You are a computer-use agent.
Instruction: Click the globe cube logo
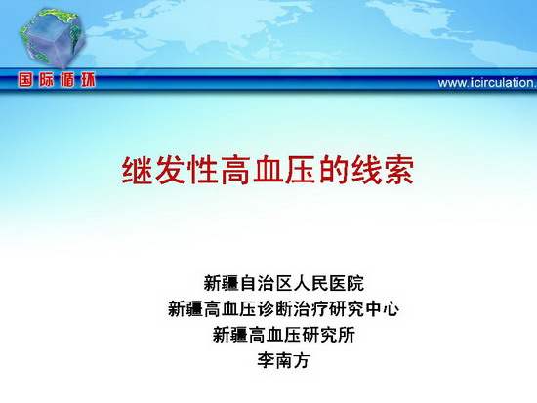pos(53,38)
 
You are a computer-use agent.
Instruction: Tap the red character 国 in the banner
pos(26,80)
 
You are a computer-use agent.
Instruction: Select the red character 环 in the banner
pos(88,80)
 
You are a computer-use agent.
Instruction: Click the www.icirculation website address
pos(487,83)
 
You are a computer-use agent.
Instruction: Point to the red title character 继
pos(138,170)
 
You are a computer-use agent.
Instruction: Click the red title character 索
pos(399,170)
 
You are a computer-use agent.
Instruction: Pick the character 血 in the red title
pos(268,170)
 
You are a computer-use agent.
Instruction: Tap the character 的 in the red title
pos(334,170)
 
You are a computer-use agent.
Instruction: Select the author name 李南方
pos(283,360)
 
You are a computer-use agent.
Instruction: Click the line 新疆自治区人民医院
pos(283,283)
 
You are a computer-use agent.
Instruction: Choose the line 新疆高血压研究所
pos(283,335)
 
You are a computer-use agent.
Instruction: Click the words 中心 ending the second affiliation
pos(382,309)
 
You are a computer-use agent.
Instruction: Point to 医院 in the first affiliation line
pos(347,283)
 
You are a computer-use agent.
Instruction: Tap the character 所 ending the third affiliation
pos(347,335)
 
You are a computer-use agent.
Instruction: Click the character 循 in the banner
pos(67,80)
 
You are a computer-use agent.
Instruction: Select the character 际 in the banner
pos(47,80)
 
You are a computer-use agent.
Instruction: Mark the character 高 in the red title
pos(235,170)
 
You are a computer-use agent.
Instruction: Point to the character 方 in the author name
pos(302,360)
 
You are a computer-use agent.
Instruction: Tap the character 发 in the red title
pos(170,170)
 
